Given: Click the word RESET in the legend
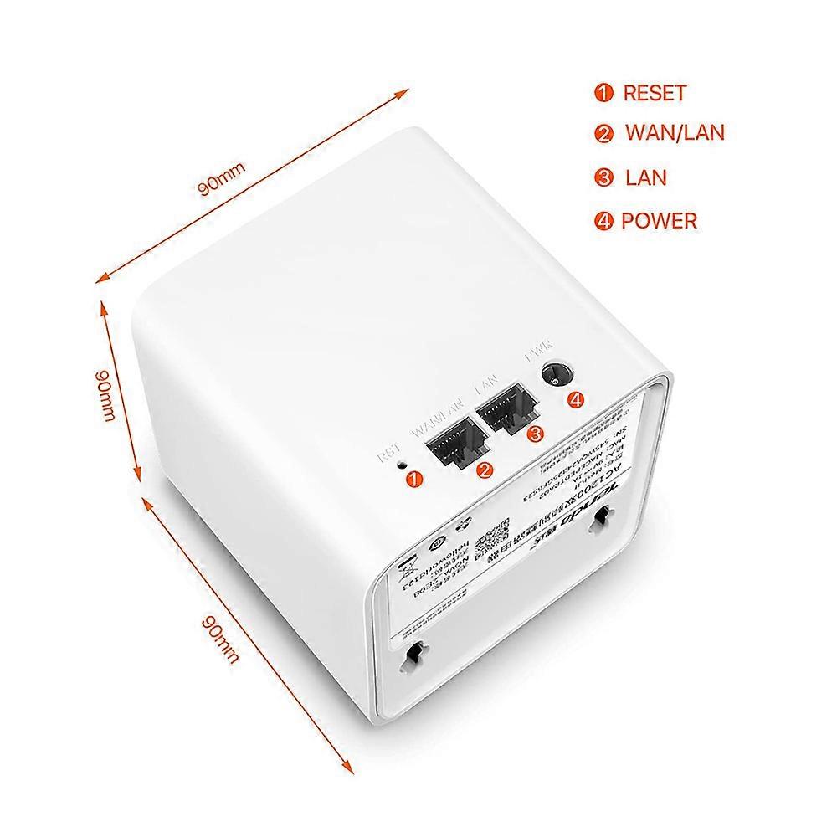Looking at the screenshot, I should tap(654, 93).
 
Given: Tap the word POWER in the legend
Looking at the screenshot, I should tap(659, 221).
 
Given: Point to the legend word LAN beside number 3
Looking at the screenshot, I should tap(645, 177).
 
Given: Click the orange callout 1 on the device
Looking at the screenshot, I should tap(413, 479).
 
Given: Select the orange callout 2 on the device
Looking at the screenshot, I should tap(484, 470).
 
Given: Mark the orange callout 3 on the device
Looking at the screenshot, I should tap(535, 433).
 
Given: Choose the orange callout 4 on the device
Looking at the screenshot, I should tap(575, 400).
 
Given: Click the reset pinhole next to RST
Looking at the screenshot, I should tap(402, 461).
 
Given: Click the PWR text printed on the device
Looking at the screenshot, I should tap(536, 356).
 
